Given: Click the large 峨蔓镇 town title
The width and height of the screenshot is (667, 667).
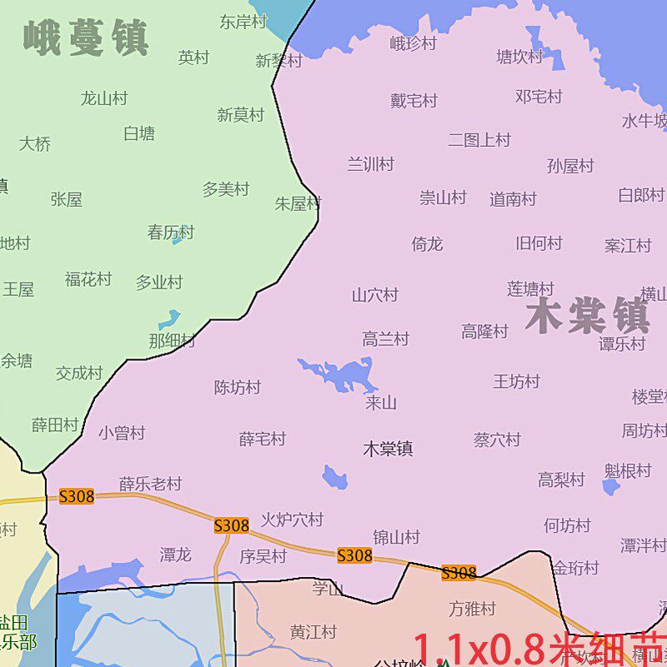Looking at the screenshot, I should (x=86, y=38).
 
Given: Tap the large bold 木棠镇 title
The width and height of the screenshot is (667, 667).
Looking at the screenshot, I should (x=588, y=316).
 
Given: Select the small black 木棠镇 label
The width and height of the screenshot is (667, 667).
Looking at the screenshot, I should (x=388, y=449).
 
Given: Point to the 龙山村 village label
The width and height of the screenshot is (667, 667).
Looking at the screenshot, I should (x=104, y=98).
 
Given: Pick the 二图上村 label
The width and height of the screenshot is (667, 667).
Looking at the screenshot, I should (x=479, y=139).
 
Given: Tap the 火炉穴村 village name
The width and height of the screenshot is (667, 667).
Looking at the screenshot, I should (x=292, y=519).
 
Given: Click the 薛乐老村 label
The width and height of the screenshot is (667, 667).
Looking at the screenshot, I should (x=150, y=484).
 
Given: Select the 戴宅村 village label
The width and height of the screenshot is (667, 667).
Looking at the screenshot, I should (x=414, y=101).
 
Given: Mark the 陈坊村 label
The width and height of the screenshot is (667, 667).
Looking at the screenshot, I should (x=238, y=387).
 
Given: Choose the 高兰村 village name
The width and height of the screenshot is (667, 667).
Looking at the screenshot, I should (x=385, y=339).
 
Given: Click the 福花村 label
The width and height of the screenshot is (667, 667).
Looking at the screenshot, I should (x=88, y=279).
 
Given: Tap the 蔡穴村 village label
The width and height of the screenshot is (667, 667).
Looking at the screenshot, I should (x=497, y=439).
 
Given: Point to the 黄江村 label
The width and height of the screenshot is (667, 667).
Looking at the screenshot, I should (x=313, y=632).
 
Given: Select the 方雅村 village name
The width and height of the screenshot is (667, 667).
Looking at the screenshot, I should (x=472, y=609).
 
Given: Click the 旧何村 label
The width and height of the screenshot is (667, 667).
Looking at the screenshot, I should (x=539, y=243).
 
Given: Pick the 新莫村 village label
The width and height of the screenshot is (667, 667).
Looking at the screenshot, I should (x=240, y=115).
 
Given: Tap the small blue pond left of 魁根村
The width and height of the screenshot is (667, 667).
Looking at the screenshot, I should (x=611, y=487).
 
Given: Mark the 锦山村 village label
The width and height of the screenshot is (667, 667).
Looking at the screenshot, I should (x=396, y=537).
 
